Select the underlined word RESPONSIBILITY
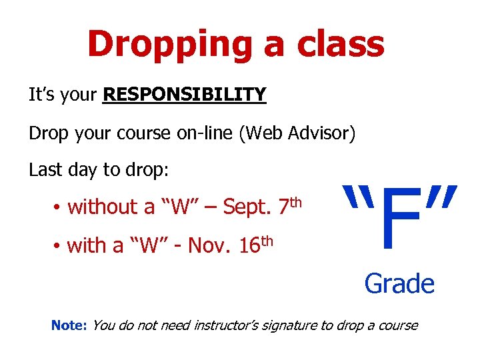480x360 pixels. click(185, 95)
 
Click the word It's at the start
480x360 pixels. click(41, 95)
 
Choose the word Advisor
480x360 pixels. click(319, 133)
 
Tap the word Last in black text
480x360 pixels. click(43, 171)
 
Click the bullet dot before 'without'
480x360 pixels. click(59, 208)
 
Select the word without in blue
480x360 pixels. click(102, 208)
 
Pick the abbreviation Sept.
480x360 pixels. click(247, 208)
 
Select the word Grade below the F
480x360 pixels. click(399, 284)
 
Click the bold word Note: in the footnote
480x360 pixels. click(69, 326)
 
